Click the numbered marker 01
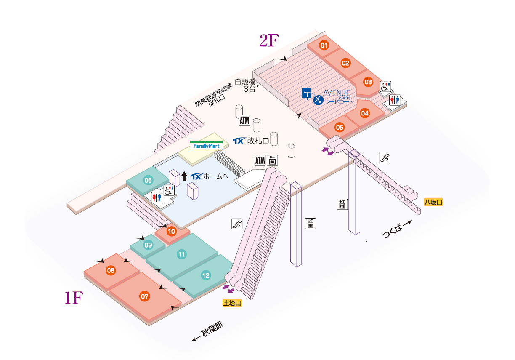(x=324, y=45)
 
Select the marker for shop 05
(x=340, y=127)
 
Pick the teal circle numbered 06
(x=148, y=181)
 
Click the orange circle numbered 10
(x=171, y=231)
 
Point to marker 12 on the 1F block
(x=206, y=276)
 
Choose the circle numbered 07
(x=145, y=296)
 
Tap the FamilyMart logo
(x=206, y=145)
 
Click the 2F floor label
(x=269, y=41)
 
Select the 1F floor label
(x=73, y=298)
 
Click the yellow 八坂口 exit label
(x=433, y=202)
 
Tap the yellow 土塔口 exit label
(x=232, y=303)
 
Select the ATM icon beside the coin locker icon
(x=260, y=160)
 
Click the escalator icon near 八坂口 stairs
(x=385, y=157)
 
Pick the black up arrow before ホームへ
(x=184, y=176)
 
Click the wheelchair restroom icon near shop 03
(x=386, y=86)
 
